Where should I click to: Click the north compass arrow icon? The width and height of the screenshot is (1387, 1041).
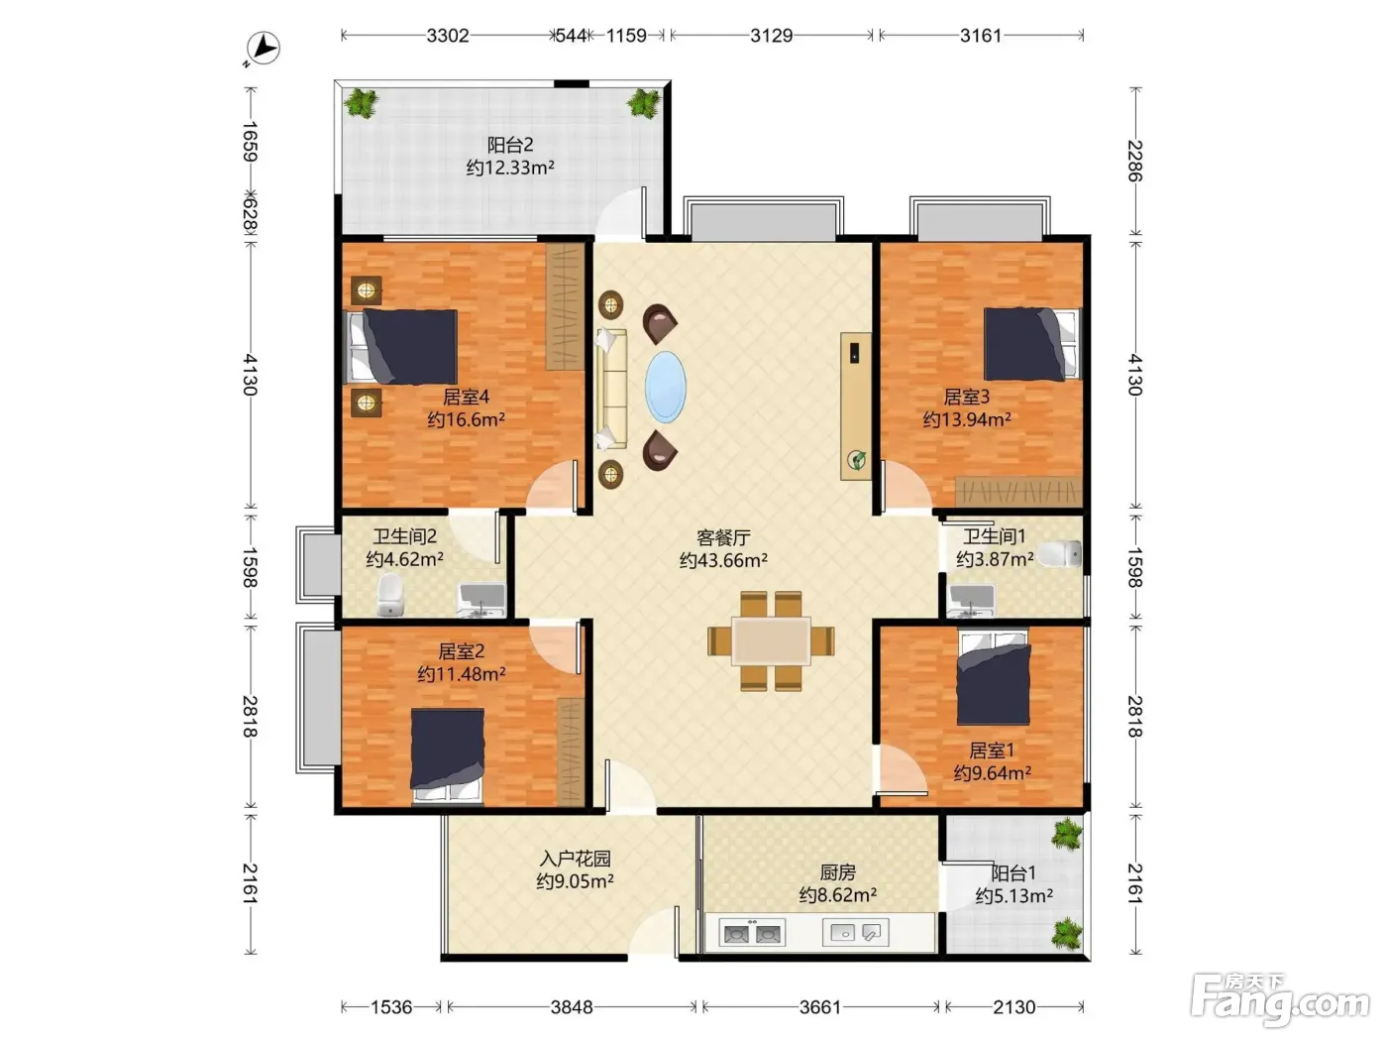point(263,48)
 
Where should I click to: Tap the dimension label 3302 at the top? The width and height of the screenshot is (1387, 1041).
point(448,36)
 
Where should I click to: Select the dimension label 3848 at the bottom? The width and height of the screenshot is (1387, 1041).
point(572,1007)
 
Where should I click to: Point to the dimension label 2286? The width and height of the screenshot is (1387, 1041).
point(1135,161)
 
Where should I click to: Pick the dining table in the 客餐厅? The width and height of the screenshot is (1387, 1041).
point(771,640)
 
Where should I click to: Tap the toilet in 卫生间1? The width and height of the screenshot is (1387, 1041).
point(1060,553)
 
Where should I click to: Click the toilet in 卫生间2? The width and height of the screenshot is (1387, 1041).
point(390,594)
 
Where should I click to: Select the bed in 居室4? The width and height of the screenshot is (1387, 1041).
point(400,346)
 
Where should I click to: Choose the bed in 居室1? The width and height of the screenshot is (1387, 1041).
point(994,677)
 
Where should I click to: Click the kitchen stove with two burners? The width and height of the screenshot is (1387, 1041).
point(752,933)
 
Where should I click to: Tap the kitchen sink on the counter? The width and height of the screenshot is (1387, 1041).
point(856,932)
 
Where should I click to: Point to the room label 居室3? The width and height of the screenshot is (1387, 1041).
point(966,397)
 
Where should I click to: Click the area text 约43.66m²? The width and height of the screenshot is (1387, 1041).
point(723,560)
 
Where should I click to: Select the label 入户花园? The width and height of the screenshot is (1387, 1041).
point(575,859)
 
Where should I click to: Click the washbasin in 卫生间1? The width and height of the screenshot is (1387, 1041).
point(972,600)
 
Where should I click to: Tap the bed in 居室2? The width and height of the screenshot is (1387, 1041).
point(448,755)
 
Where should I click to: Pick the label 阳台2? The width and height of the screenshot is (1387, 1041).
point(510,145)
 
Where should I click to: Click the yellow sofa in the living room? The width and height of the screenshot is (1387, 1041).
point(611,389)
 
